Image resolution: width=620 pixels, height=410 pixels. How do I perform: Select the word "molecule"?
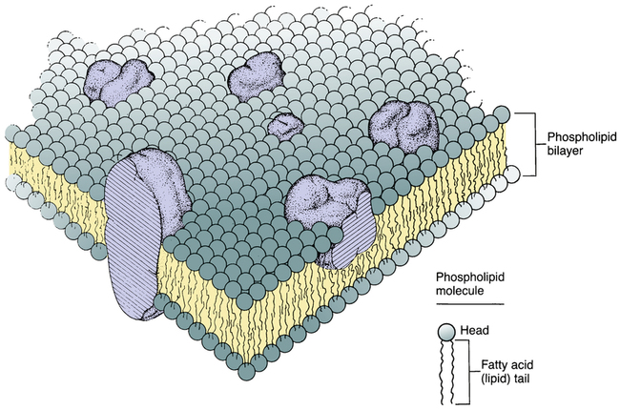[x=460, y=291]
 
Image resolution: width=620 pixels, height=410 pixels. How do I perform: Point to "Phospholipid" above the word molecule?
[x=470, y=277]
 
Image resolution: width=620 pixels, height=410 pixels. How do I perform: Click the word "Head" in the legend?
[x=475, y=330]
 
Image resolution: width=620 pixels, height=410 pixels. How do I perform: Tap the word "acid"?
[x=522, y=363]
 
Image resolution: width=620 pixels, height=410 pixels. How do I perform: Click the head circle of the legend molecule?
[x=446, y=332]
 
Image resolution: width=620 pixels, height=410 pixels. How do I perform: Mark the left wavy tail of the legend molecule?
[x=443, y=373]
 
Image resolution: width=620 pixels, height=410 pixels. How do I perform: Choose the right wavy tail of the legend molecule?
[x=452, y=373]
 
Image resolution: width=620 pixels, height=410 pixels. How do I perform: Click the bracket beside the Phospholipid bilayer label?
[x=526, y=144]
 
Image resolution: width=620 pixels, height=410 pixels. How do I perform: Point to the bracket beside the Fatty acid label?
[x=465, y=372]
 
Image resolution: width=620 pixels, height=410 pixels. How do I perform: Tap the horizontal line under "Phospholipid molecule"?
[x=470, y=304]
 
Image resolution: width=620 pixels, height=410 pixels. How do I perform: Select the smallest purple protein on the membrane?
[x=285, y=126]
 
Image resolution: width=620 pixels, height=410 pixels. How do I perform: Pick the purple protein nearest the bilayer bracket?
[x=403, y=127]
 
